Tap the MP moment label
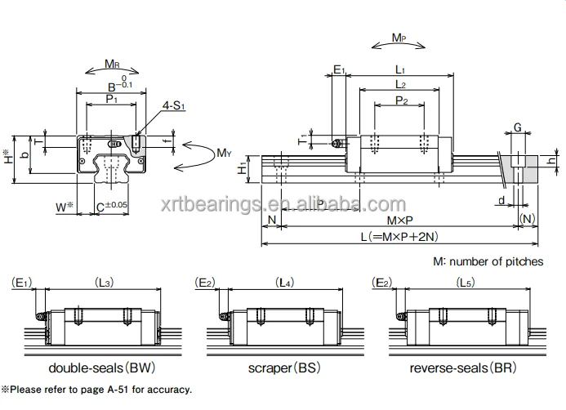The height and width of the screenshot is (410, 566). click(399, 38)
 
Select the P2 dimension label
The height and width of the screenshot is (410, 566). click(401, 101)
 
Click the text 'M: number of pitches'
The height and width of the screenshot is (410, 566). click(488, 261)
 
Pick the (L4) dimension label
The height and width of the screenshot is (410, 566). click(283, 283)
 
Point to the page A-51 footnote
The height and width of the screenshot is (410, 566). click(96, 390)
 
